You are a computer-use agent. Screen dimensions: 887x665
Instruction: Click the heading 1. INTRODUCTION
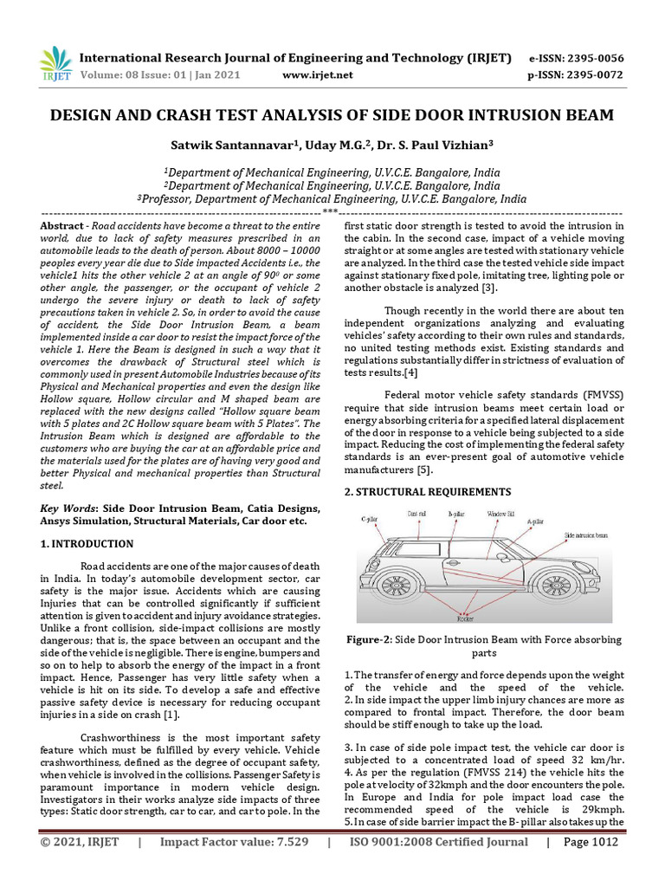[87, 544]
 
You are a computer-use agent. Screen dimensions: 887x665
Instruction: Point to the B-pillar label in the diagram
[456, 514]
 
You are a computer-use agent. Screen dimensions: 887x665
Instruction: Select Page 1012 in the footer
[591, 865]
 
